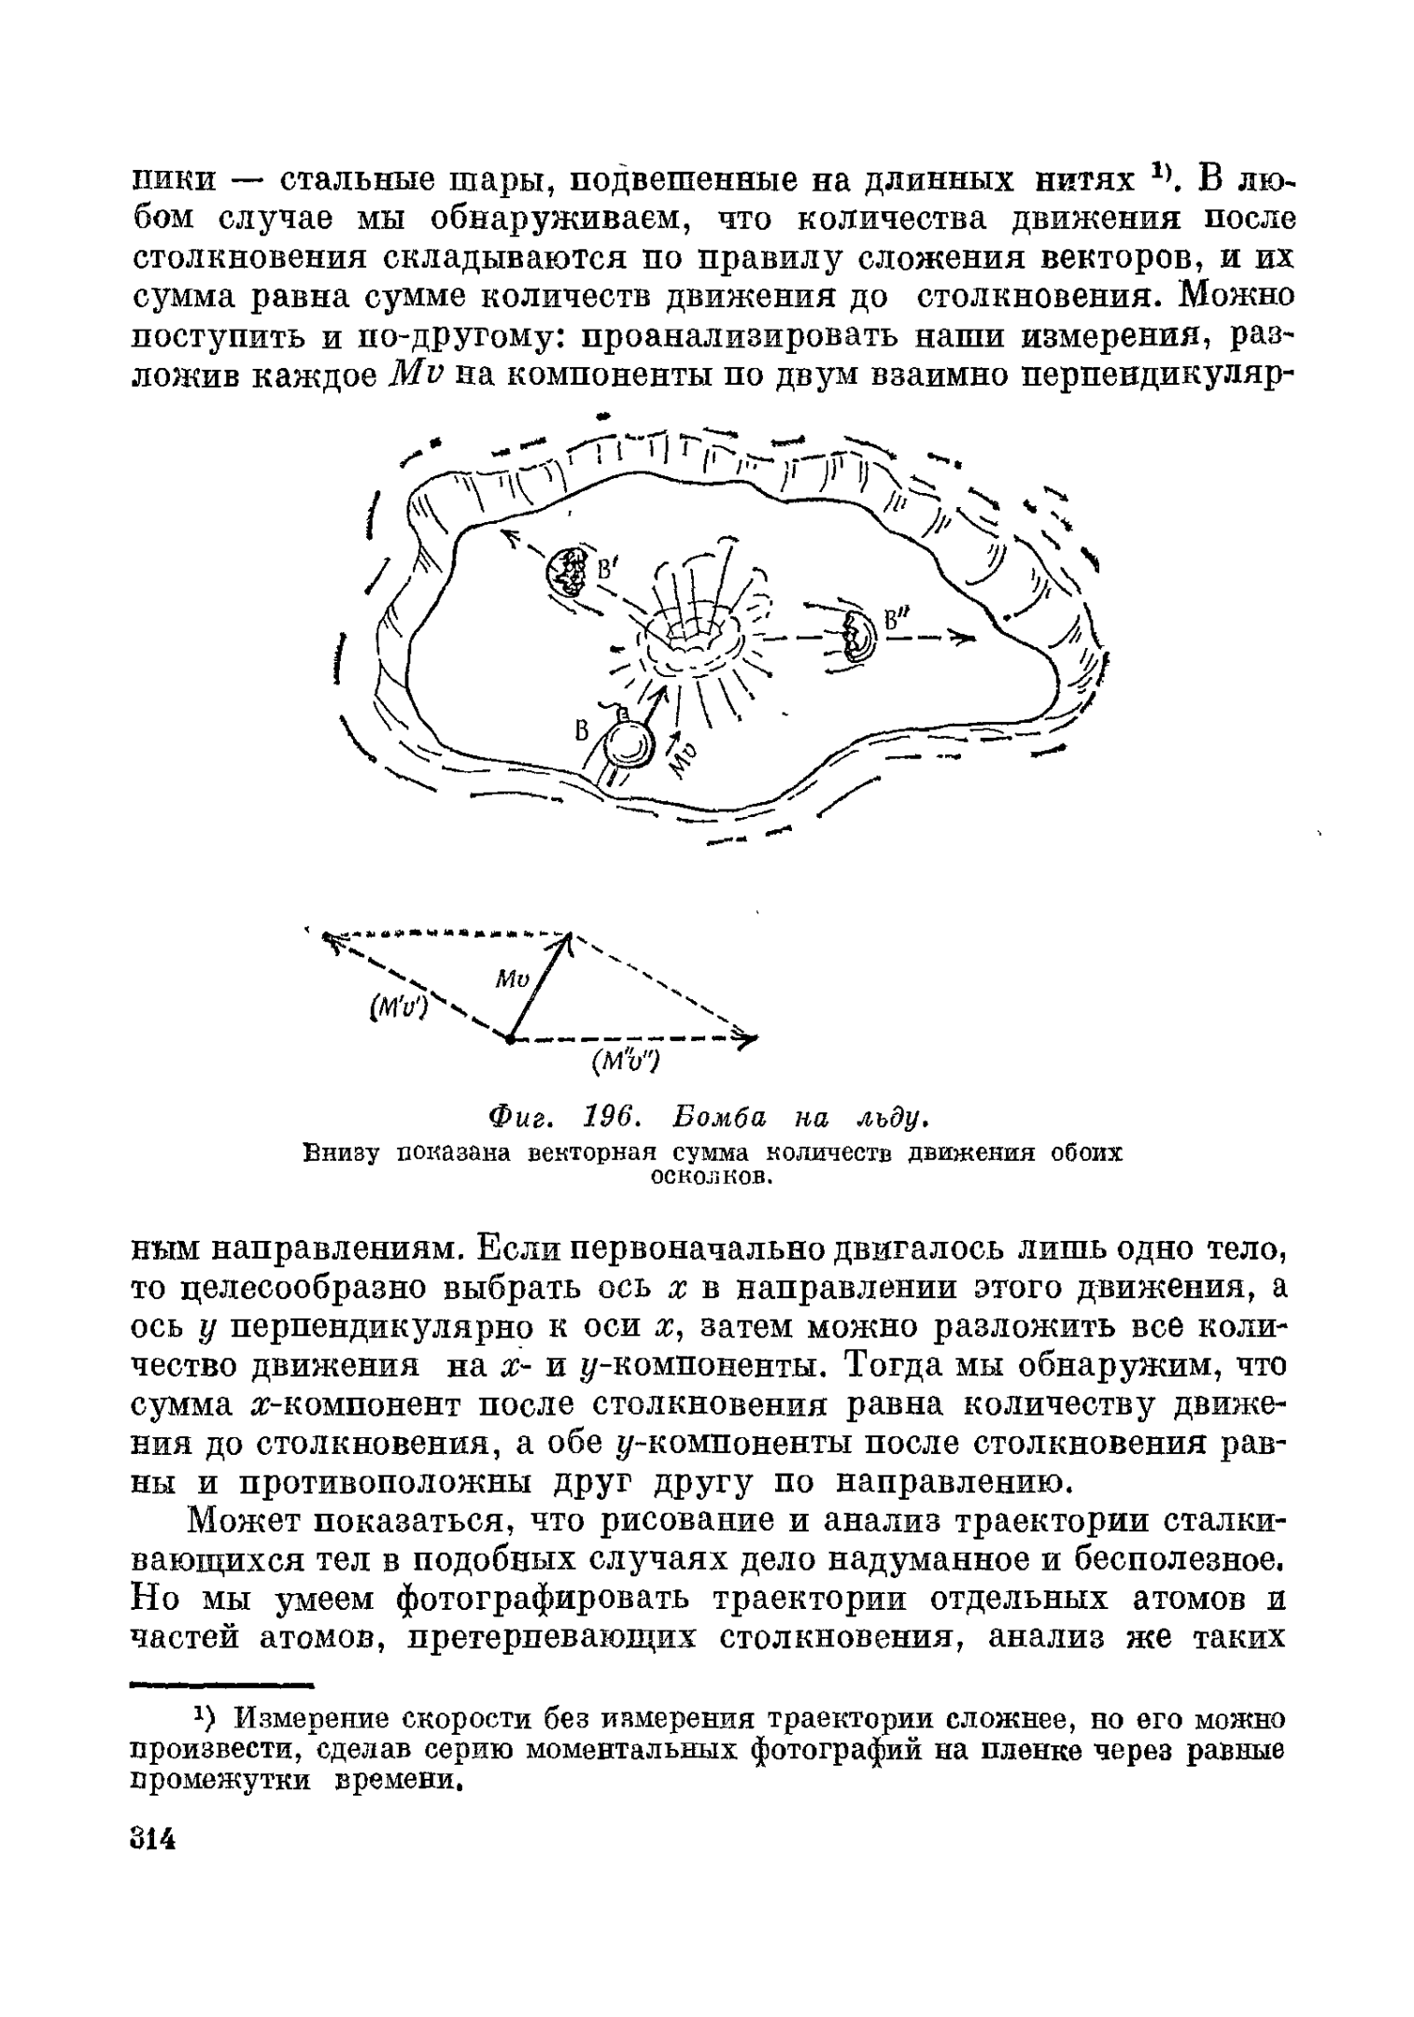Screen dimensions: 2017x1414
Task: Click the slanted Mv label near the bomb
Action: click(684, 756)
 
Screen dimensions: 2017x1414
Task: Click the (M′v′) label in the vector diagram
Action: click(399, 1006)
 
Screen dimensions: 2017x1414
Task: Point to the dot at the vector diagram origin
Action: click(509, 1037)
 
